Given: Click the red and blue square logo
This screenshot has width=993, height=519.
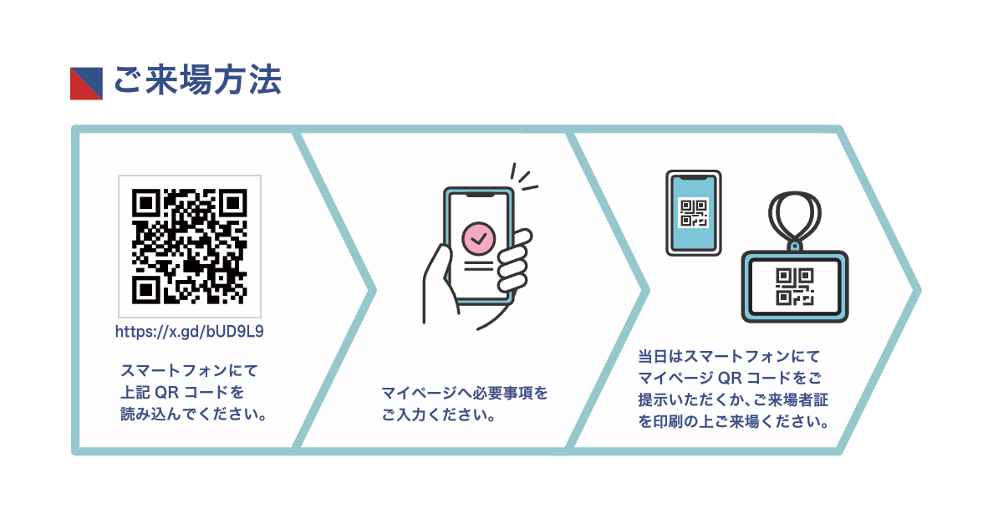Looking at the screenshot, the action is coord(86,84).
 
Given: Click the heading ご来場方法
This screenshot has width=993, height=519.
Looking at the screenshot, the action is coord(197,80).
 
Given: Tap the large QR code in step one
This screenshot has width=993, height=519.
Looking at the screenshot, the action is coord(190,247).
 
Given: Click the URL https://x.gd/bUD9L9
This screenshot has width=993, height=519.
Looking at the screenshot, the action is coord(190,332).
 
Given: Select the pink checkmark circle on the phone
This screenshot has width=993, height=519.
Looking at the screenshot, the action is coord(479,238).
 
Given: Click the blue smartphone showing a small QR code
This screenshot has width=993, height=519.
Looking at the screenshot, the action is coord(694,212).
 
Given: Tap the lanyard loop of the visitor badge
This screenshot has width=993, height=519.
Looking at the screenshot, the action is coord(795,218).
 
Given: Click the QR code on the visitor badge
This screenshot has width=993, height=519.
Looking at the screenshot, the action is coord(795,287).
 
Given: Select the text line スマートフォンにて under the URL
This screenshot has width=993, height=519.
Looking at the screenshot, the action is coord(190,370).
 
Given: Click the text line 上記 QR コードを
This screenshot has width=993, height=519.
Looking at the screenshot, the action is coord(182,393).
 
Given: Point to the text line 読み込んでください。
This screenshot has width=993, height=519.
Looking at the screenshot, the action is coord(194,415).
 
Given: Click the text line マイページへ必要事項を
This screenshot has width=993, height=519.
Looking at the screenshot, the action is coord(465,393).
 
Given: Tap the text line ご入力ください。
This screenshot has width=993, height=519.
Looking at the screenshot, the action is coord(438,415).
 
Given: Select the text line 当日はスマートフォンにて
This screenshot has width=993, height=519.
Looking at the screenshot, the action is coord(729,356).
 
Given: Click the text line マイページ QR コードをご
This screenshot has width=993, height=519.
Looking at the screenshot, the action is coord(730,378).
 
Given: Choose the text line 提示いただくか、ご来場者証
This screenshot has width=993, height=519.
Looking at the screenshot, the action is coord(733,400).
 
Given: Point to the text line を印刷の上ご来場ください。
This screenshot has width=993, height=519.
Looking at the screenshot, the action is coord(733,421).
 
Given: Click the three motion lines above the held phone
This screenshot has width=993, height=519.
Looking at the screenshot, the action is coord(524,176).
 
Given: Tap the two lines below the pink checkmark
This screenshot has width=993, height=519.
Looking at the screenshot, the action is coord(479,265).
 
